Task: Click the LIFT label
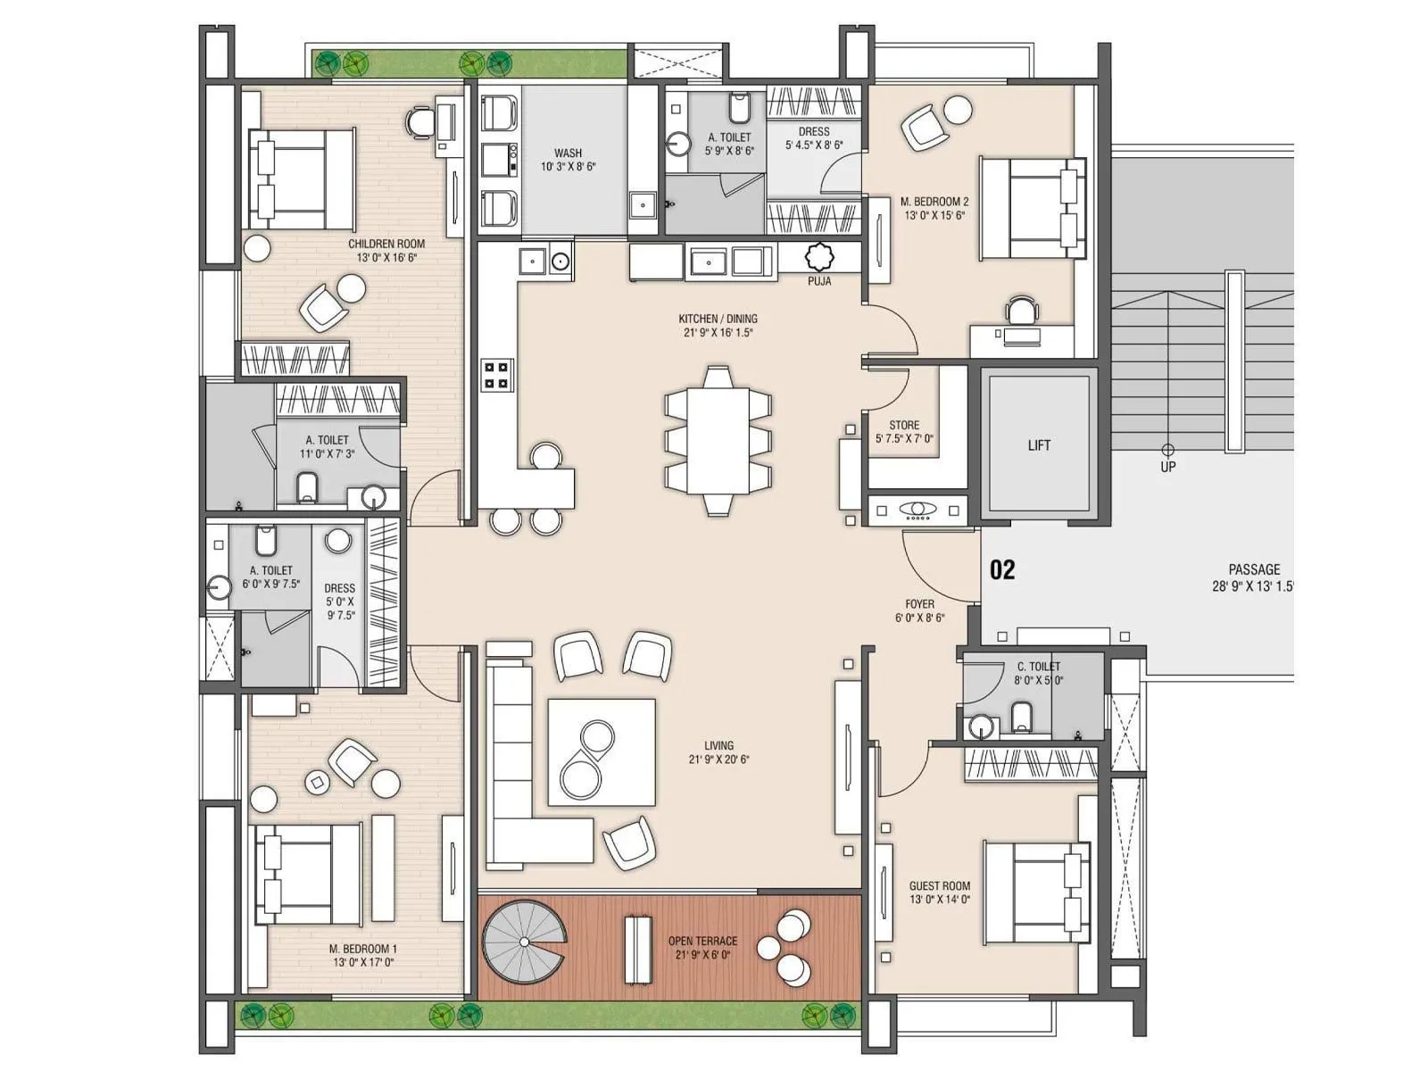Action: click(1039, 444)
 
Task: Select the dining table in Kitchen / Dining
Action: click(718, 440)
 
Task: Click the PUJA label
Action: click(819, 281)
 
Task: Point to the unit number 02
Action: click(1002, 569)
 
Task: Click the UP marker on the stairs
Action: click(1167, 465)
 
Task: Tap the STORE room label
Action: click(904, 425)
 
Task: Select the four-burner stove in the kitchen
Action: click(497, 375)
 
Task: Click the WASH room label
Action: click(569, 153)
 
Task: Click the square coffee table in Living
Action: click(602, 752)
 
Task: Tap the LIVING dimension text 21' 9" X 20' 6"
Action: click(718, 760)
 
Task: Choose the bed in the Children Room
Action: click(301, 178)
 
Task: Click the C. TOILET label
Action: click(1039, 666)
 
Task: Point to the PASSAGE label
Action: click(1254, 569)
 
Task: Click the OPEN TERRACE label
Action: click(702, 941)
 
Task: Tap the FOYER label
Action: click(919, 604)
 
